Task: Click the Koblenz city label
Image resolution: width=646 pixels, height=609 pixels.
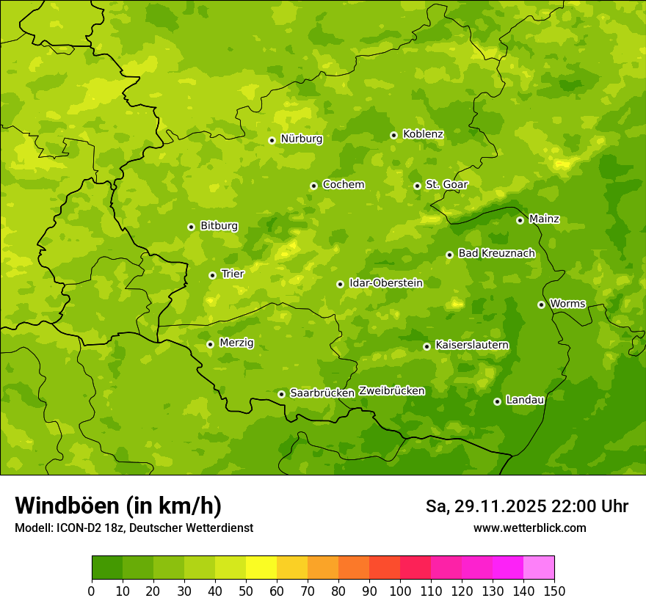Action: click(423, 134)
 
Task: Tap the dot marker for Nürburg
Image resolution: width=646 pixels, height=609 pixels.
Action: click(272, 140)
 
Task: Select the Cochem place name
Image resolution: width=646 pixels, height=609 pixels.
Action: click(343, 185)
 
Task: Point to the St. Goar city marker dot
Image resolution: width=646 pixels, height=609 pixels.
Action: click(417, 186)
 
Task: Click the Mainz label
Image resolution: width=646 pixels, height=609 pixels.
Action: click(544, 219)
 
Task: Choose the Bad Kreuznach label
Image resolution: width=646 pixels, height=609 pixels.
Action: click(496, 253)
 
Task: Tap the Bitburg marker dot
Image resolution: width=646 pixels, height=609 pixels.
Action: click(191, 227)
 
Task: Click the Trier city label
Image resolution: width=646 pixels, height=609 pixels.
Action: click(232, 274)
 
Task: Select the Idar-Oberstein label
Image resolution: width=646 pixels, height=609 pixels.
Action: click(386, 282)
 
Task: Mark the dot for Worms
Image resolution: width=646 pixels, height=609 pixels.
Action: click(541, 304)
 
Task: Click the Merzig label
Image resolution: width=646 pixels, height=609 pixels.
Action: click(236, 343)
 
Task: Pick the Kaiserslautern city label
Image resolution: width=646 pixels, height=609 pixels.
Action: click(472, 345)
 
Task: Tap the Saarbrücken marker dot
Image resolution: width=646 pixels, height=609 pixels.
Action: click(281, 394)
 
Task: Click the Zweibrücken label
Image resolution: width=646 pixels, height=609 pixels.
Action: click(391, 391)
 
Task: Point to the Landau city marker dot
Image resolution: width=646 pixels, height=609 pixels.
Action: click(497, 401)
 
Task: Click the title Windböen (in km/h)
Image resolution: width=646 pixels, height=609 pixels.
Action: click(117, 506)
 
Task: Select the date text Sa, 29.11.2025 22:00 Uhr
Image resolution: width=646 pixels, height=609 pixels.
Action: click(526, 506)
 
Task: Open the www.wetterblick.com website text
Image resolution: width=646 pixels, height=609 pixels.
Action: click(529, 528)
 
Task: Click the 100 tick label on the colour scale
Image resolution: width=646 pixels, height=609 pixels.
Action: click(400, 591)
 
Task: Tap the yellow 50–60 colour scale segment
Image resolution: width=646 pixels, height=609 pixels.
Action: click(261, 568)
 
